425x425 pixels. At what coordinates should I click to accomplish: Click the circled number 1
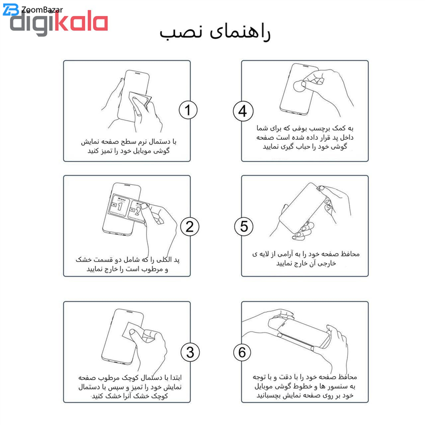(188, 110)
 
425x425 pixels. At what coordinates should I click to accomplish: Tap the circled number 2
(190, 227)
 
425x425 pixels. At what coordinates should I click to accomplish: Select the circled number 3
(190, 352)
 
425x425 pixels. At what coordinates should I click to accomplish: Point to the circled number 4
(243, 111)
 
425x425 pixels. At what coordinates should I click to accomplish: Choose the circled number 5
(244, 227)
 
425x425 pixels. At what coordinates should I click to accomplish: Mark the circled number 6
(242, 352)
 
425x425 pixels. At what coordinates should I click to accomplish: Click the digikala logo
(59, 24)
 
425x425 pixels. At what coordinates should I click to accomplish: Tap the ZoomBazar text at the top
(42, 10)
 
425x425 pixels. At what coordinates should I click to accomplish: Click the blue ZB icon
(11, 10)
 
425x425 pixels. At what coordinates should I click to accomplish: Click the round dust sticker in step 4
(300, 86)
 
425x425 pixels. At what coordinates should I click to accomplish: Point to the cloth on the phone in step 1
(139, 101)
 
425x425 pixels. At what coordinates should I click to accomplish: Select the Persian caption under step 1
(129, 147)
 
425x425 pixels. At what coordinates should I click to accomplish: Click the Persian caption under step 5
(306, 259)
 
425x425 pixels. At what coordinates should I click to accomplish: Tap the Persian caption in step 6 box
(304, 386)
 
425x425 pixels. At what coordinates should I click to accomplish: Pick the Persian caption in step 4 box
(305, 137)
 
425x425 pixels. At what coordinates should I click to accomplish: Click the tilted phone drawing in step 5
(303, 209)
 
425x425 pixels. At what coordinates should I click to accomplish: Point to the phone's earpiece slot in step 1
(137, 73)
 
